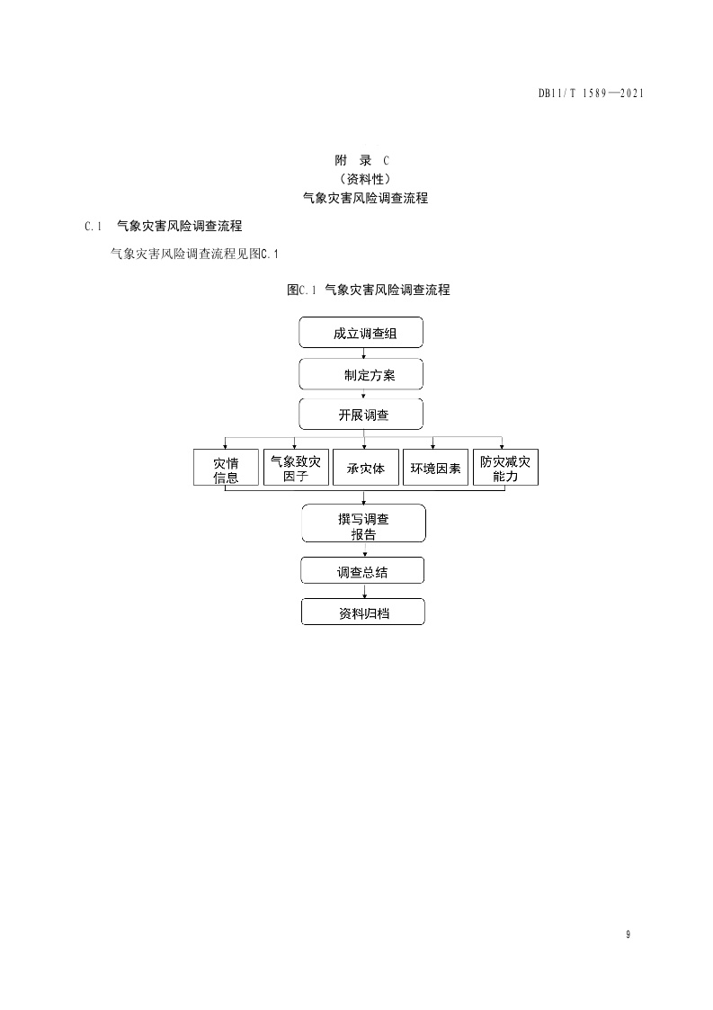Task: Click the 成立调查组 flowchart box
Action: [x=361, y=333]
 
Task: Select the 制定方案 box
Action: [x=361, y=375]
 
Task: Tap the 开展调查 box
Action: [x=361, y=415]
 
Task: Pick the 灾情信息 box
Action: [x=226, y=469]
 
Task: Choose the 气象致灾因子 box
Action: [x=296, y=469]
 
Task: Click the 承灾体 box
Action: [x=365, y=469]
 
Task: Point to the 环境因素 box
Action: [x=435, y=469]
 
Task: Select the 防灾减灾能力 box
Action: [x=505, y=469]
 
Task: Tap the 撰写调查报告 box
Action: [x=363, y=523]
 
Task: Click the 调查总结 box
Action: [x=362, y=571]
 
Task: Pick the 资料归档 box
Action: [x=362, y=612]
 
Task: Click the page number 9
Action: [x=628, y=934]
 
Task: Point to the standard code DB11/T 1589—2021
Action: [x=590, y=93]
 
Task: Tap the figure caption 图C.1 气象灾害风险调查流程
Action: [x=369, y=290]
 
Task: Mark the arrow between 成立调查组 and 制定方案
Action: [x=362, y=353]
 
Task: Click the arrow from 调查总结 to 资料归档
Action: [x=362, y=592]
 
